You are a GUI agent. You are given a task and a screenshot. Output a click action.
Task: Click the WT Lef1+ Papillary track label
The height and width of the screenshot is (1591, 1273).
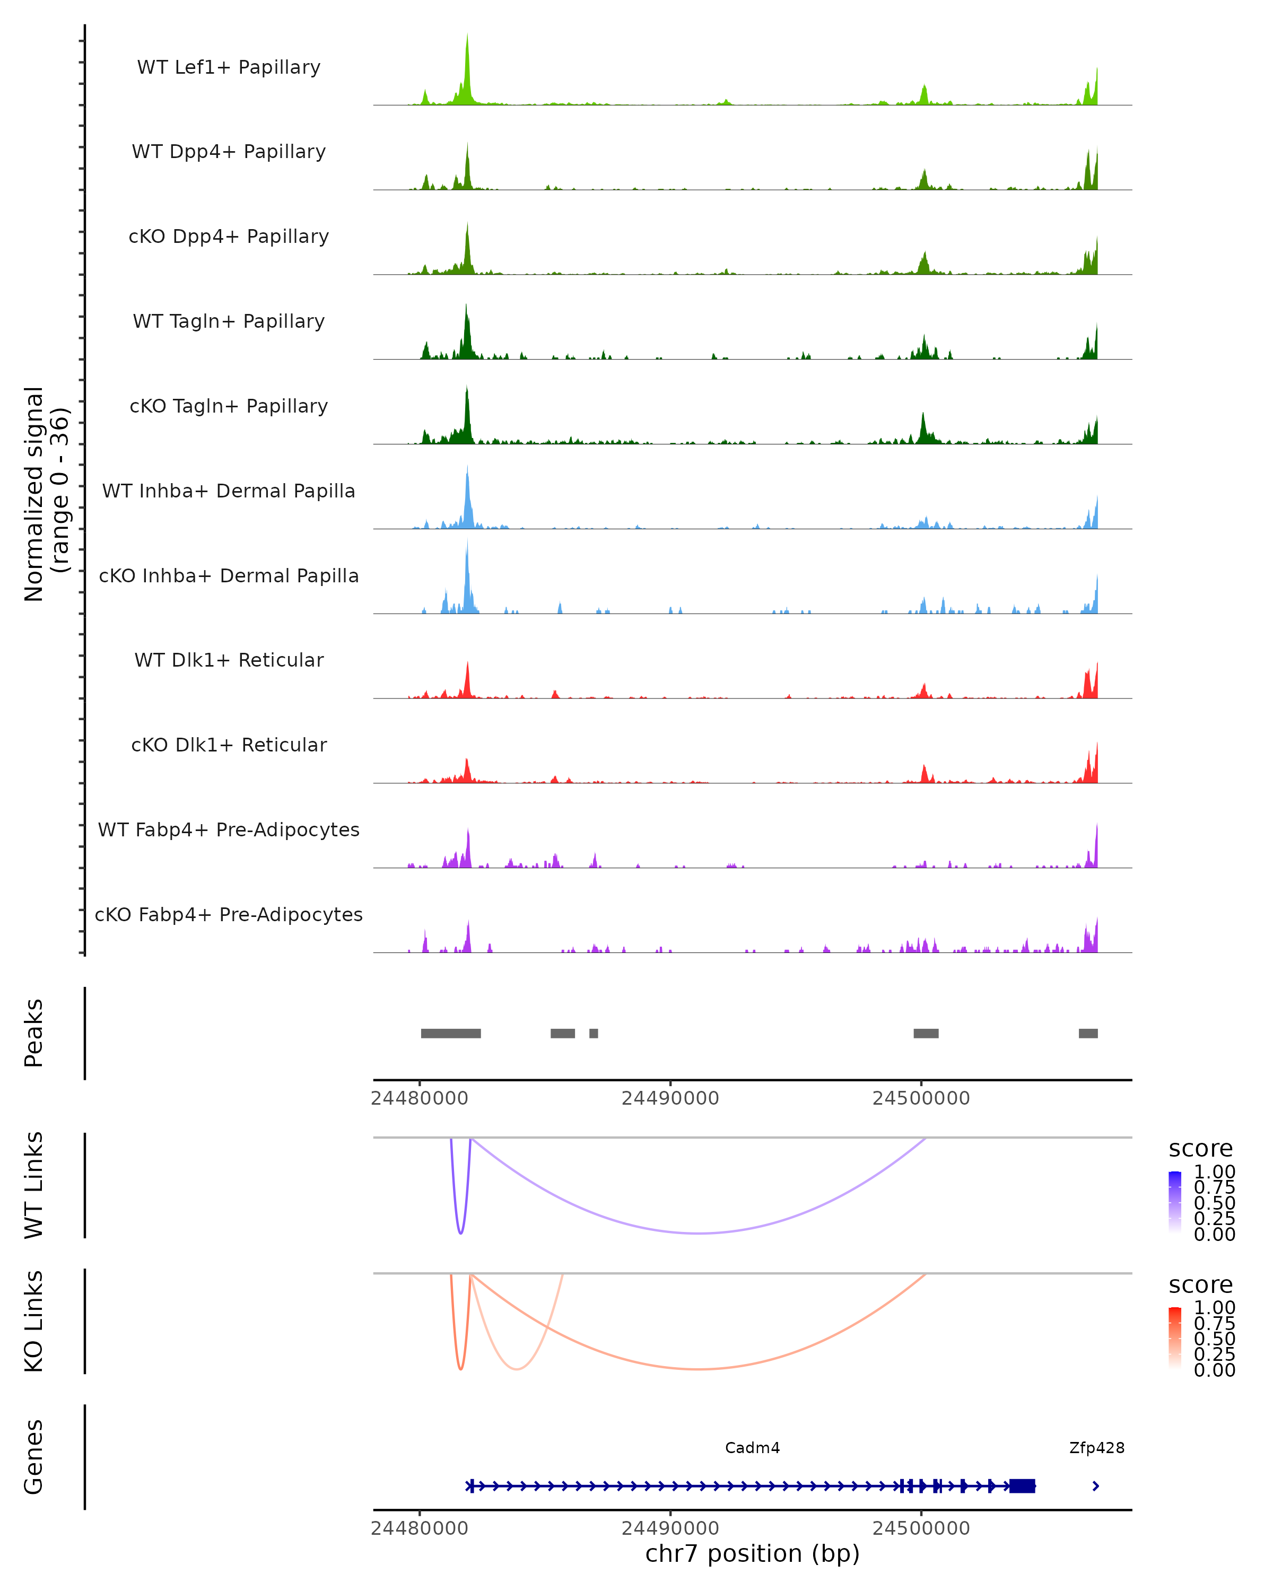point(229,67)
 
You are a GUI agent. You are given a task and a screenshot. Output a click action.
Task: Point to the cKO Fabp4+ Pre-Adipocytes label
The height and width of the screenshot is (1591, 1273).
point(229,914)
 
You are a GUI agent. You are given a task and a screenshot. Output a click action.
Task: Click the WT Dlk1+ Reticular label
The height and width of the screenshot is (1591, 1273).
point(229,660)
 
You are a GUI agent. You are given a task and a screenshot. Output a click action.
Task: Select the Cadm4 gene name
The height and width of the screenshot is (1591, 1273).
point(752,1448)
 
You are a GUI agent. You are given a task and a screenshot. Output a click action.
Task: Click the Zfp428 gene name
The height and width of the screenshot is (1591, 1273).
point(1096,1448)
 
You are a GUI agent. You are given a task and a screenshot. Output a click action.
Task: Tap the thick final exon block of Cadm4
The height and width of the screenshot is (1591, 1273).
point(1022,1486)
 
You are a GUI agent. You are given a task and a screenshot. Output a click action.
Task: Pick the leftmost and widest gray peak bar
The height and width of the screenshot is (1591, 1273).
point(451,1033)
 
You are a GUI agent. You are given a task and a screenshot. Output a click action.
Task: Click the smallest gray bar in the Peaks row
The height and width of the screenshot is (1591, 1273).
point(594,1033)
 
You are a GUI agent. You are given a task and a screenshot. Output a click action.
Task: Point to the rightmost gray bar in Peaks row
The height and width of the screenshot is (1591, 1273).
point(1088,1033)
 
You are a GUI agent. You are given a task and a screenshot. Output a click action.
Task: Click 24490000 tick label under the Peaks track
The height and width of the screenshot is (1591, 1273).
point(670,1098)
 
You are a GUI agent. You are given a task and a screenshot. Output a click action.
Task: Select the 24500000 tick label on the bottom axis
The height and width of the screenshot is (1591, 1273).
point(921,1528)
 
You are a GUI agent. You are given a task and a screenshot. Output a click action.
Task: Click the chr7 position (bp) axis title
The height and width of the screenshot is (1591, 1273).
point(752,1554)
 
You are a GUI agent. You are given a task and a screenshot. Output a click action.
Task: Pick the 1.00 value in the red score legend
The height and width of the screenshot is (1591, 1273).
point(1214,1308)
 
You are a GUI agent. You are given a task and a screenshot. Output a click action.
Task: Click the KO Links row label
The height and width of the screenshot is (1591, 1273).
point(34,1321)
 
